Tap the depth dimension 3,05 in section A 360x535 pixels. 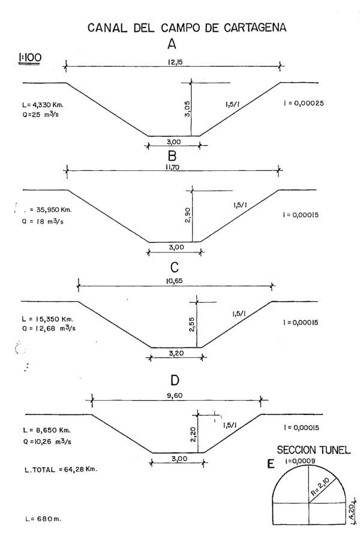pyautogui.click(x=186, y=112)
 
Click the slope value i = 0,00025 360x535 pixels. pyautogui.click(x=303, y=103)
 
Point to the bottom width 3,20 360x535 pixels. pyautogui.click(x=176, y=354)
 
